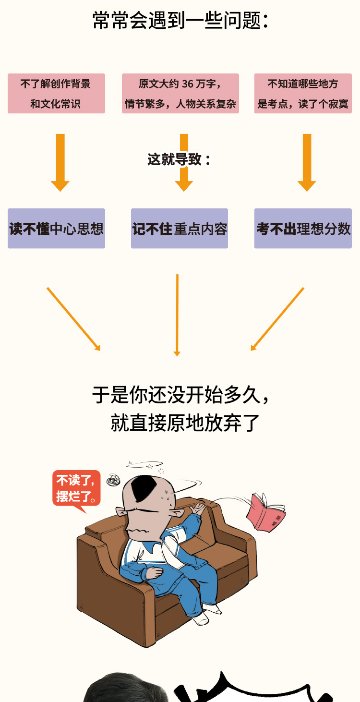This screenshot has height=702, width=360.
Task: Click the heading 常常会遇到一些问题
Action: [180, 21]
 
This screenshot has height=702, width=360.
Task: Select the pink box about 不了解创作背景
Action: [56, 93]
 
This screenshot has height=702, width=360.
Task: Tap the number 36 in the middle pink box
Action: [188, 84]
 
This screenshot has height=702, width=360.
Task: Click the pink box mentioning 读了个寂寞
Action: [303, 93]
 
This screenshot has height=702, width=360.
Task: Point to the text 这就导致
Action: [179, 159]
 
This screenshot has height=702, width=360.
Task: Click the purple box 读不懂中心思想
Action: [56, 229]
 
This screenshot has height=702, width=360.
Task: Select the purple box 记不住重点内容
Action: [180, 229]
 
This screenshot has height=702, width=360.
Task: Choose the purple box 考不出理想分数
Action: [303, 229]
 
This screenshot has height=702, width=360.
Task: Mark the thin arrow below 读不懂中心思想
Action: [73, 319]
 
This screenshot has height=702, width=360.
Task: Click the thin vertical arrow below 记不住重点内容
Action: [177, 315]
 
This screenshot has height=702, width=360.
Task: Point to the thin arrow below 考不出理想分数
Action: [277, 319]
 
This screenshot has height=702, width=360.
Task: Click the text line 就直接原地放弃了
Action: [185, 423]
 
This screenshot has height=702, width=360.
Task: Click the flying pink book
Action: [265, 512]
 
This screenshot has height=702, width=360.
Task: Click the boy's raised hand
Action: [198, 508]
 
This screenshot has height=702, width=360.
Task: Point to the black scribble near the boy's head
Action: [114, 479]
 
